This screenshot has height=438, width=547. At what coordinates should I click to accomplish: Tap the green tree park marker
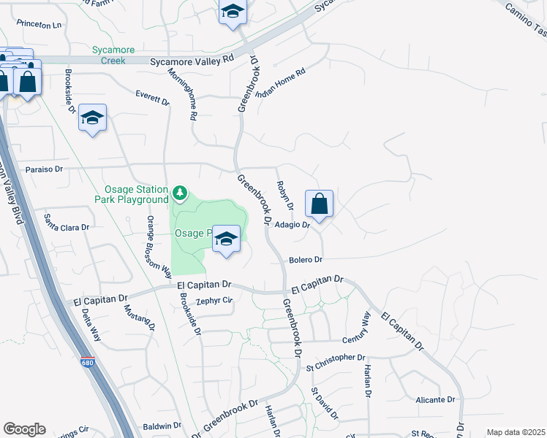180,193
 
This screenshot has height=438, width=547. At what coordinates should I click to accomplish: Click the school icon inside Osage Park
227,239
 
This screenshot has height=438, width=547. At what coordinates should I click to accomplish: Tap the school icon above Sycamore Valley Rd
233,12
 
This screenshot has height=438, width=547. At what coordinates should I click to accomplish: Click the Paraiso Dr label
44,169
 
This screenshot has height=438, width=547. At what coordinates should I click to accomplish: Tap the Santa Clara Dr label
67,227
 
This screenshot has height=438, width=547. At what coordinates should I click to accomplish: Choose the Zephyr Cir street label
214,299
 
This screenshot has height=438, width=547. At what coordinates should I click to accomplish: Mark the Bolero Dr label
306,259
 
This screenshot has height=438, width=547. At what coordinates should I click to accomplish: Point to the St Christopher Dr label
335,358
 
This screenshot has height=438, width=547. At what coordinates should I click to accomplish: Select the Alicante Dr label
435,400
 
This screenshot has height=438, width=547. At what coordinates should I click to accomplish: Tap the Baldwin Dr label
162,425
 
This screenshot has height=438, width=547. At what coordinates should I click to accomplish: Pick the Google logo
24,429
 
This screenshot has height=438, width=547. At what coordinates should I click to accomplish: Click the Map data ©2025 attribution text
516,432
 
